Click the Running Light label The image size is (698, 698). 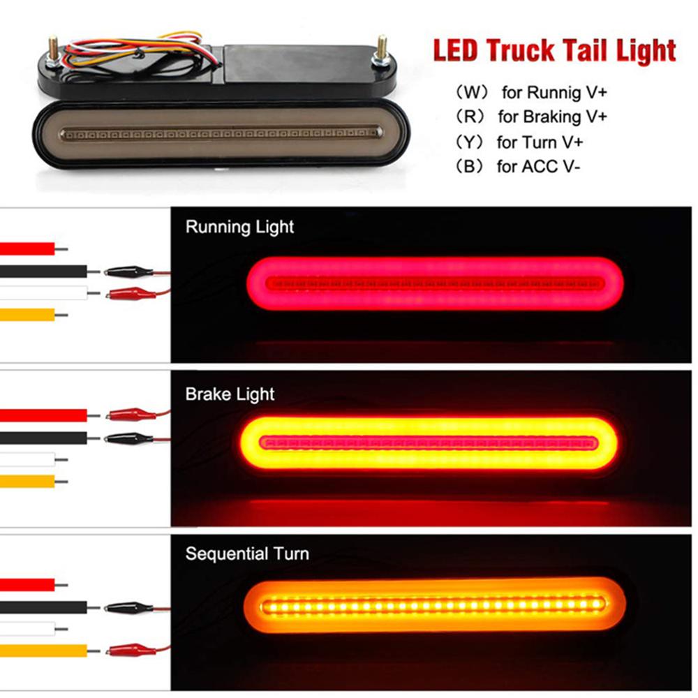pos(239,227)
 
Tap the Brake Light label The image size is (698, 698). pos(230,394)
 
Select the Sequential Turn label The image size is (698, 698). pos(247,555)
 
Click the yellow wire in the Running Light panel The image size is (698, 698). pos(28,315)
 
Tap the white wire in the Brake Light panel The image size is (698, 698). pos(28,459)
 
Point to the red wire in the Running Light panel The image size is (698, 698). pos(28,248)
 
